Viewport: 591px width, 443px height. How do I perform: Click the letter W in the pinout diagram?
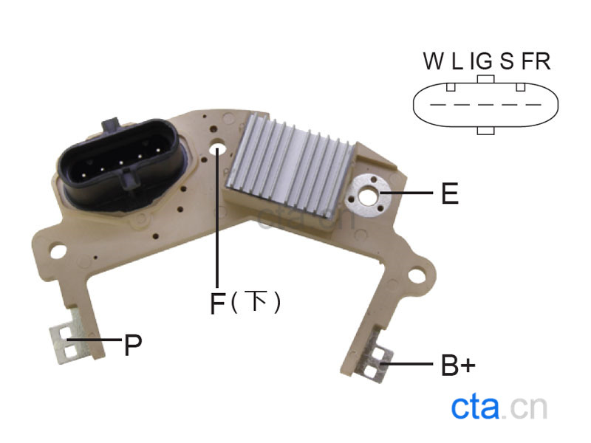coord(434,61)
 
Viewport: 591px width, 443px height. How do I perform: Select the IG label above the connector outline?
coord(481,61)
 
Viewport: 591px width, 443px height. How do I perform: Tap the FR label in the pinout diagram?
coord(536,61)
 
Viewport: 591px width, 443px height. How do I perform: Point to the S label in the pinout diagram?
coord(507,61)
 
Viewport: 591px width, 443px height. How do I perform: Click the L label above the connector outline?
coord(457,61)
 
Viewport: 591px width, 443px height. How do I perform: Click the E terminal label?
coord(450,193)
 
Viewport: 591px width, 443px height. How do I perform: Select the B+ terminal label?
coord(458,365)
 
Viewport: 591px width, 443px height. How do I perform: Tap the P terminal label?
coord(133,345)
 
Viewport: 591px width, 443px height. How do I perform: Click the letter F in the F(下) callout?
coord(217,303)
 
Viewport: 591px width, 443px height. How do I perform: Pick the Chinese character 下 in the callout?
coord(255,301)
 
